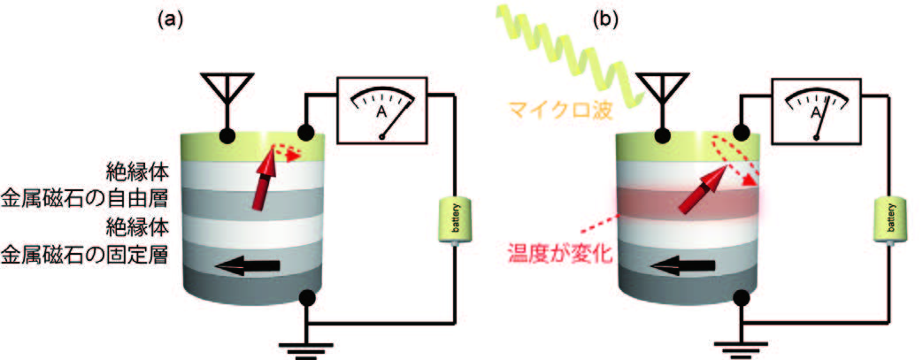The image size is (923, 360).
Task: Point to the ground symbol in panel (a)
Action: click(x=306, y=347)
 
